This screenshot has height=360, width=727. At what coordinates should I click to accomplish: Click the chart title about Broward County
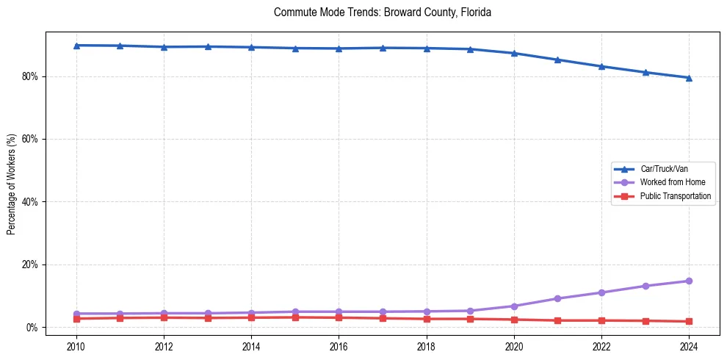click(382, 12)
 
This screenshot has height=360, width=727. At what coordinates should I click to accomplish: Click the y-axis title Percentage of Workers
click(11, 184)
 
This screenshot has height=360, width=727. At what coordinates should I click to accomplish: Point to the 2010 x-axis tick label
click(76, 345)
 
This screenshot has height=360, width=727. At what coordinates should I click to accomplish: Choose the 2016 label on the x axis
click(339, 345)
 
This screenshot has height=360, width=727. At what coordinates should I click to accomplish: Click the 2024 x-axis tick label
click(689, 345)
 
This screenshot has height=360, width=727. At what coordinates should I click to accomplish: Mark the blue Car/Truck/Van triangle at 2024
click(689, 78)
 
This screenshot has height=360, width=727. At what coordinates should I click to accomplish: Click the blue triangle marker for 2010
click(76, 46)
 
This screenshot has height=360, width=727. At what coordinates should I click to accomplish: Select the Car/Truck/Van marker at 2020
click(514, 53)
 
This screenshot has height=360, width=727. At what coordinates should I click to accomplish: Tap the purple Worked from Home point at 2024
click(689, 281)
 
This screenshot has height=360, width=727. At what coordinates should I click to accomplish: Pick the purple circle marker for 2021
click(557, 298)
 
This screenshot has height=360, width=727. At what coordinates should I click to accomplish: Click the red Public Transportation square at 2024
click(689, 321)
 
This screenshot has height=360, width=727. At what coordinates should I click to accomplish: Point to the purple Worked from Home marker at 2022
click(601, 292)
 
